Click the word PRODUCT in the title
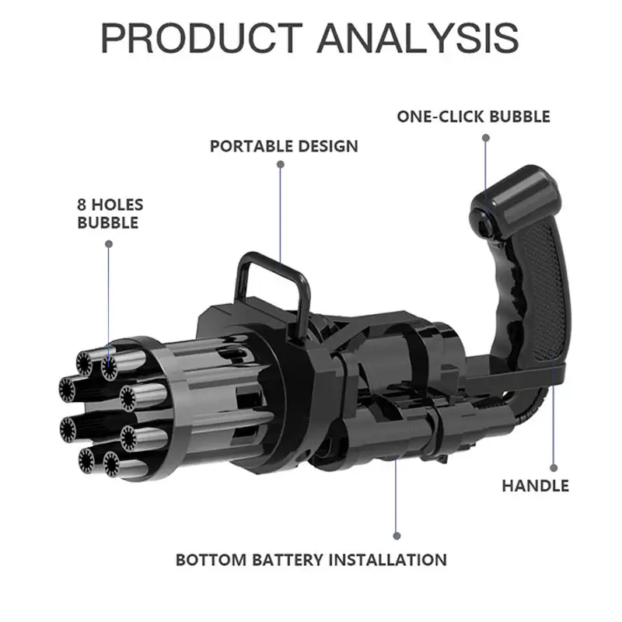pos(201,38)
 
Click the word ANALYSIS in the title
pos(418,38)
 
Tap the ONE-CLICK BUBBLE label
pos(473,117)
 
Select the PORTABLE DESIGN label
pos(284,146)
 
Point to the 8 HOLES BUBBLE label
pos(110,213)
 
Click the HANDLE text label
pos(535,485)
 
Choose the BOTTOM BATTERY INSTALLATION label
pos(311,560)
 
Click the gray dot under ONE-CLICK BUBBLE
pos(485,138)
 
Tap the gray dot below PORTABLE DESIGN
pos(281,164)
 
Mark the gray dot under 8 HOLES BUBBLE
pos(109,244)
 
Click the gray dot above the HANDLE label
pos(554,468)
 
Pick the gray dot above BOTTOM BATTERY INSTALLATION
pos(397,536)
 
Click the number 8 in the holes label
pos(82,205)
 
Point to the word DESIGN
pos(327,146)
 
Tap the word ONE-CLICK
pos(440,117)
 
